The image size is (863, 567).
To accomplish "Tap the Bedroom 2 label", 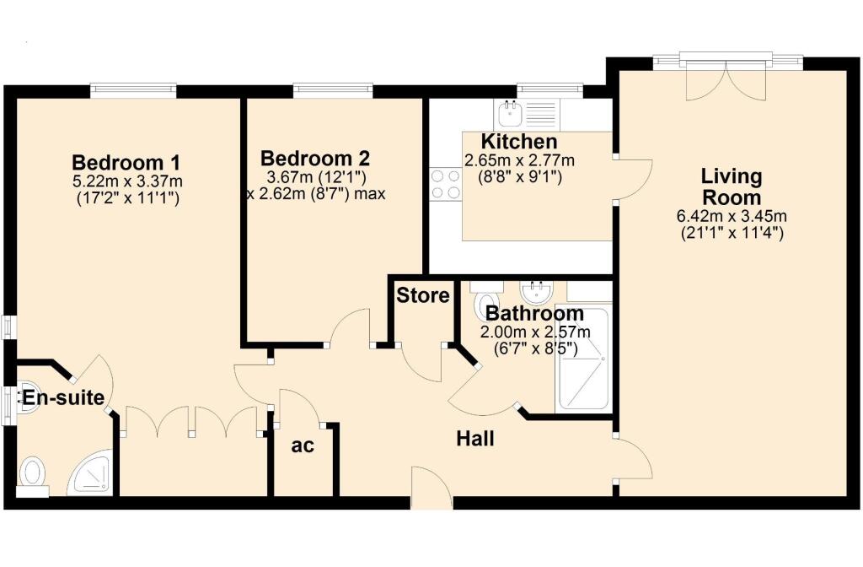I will click(314, 158).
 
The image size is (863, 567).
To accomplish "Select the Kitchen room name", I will click(519, 141).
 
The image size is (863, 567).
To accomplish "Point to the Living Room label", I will click(731, 186).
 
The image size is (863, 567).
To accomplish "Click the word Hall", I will click(475, 439).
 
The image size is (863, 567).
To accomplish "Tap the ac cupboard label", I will click(302, 445).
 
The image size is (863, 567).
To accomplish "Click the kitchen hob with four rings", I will click(445, 184).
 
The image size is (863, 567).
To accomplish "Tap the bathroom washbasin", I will click(537, 293).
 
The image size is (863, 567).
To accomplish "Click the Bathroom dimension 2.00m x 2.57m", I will click(531, 332).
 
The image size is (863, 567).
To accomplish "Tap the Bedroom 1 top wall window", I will click(133, 89).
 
